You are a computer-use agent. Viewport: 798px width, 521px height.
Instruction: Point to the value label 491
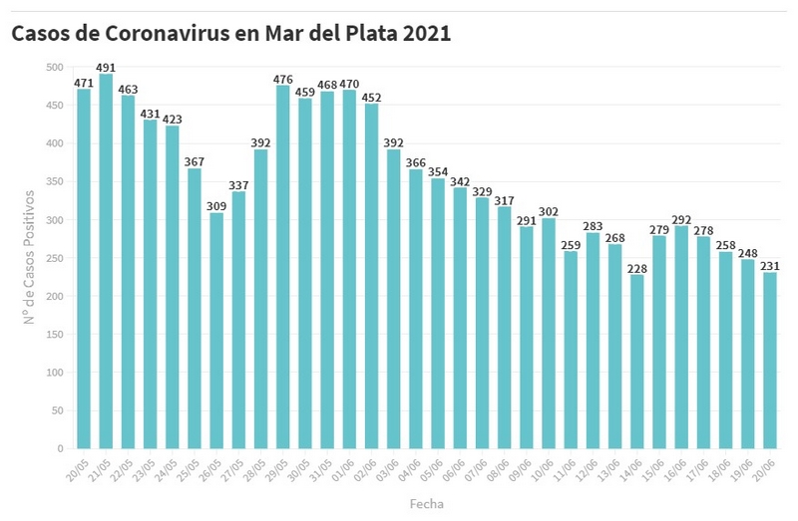pyautogui.click(x=106, y=68)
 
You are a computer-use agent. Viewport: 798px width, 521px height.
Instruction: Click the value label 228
pyautogui.click(x=636, y=268)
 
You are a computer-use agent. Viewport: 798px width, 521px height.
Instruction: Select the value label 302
pyautogui.click(x=548, y=211)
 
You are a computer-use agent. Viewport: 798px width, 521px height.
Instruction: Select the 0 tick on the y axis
pyautogui.click(x=59, y=449)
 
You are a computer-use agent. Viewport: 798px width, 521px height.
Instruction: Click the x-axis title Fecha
pyautogui.click(x=427, y=504)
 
